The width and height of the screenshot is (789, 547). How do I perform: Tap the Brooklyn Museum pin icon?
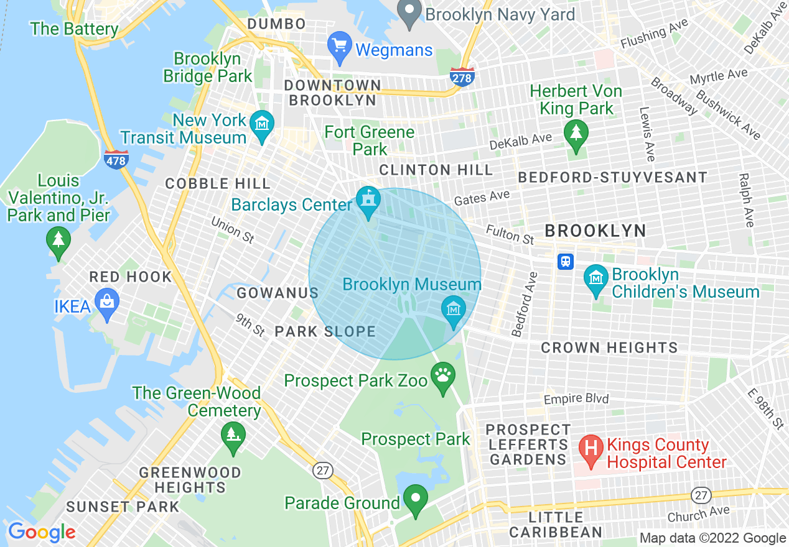(454, 311)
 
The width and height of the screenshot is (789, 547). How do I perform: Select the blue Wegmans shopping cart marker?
(340, 48)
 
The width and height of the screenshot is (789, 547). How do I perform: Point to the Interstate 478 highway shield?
(116, 159)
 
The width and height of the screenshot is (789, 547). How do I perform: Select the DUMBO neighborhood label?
(276, 24)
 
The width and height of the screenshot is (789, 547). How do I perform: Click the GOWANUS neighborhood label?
(278, 293)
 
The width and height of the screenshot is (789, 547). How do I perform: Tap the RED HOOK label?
(130, 277)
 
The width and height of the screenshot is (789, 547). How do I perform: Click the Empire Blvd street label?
(576, 398)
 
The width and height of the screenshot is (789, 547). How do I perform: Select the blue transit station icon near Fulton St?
(566, 261)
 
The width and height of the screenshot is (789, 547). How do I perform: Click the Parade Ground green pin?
(415, 499)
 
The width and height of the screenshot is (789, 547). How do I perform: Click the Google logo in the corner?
(41, 532)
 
